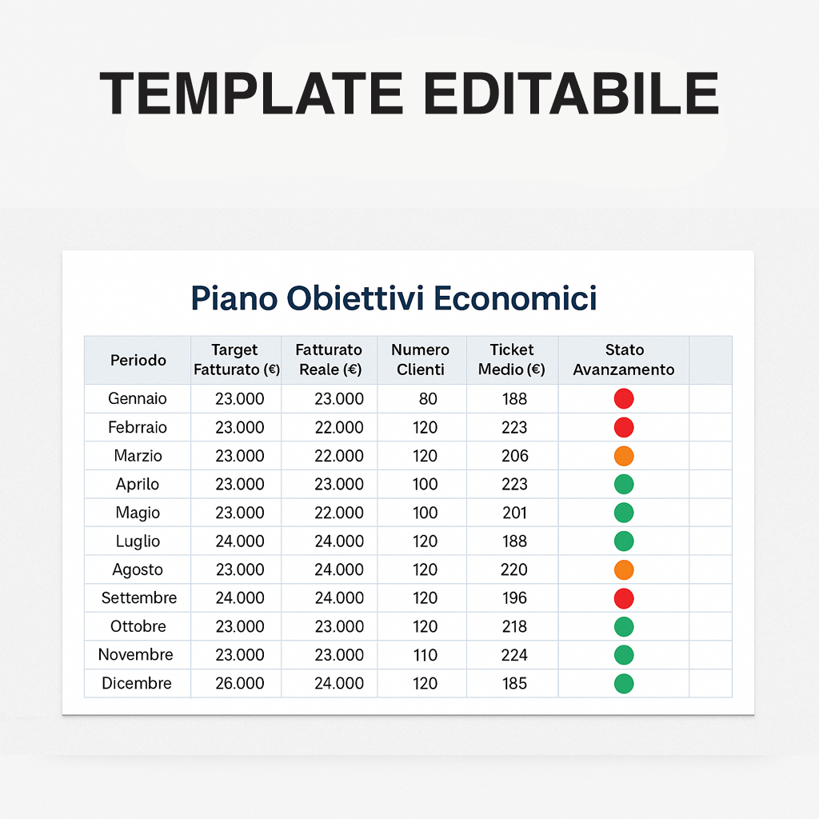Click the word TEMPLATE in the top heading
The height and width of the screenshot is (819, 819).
(251, 93)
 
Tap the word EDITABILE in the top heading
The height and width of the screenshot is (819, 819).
(571, 93)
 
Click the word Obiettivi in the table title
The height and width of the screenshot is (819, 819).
(355, 298)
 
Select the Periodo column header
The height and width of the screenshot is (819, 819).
(138, 360)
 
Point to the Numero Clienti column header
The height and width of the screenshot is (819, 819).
(421, 359)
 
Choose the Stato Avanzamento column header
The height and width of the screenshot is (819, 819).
(624, 359)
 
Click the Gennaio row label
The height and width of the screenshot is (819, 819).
(138, 398)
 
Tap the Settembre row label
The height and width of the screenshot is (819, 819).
(139, 597)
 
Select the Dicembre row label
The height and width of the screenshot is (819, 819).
(136, 683)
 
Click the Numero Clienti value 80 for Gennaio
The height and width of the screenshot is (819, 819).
(428, 398)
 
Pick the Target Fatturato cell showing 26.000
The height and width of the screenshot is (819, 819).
(240, 683)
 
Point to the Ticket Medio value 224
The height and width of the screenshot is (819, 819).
(514, 655)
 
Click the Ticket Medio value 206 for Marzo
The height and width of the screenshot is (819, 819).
(515, 455)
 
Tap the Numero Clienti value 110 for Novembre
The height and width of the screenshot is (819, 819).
(425, 655)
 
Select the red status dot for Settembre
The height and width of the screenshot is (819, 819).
(624, 598)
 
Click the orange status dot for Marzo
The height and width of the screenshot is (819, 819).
(624, 456)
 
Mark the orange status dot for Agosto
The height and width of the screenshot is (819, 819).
(624, 569)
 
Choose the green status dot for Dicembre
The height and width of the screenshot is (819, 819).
(624, 684)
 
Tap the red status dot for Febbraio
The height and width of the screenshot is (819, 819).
(624, 427)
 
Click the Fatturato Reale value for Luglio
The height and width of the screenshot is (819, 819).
(339, 541)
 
